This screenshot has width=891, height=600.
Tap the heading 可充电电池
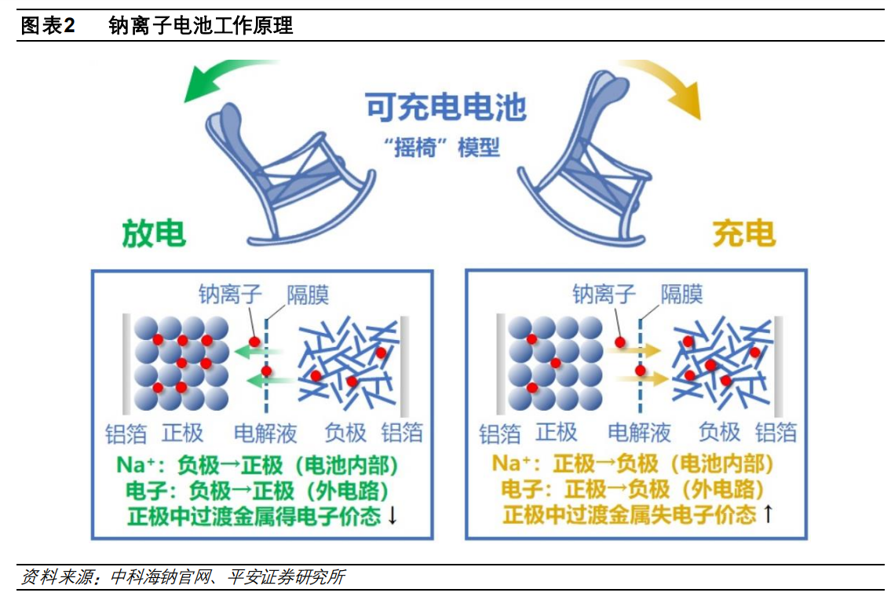[x=446, y=108]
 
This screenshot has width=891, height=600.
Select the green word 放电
[x=154, y=233]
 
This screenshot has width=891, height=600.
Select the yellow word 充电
[x=743, y=233]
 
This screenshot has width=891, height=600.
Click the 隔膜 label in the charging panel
[x=681, y=295]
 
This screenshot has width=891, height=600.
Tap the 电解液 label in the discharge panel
[x=266, y=433]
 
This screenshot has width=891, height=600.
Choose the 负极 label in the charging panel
[x=719, y=433]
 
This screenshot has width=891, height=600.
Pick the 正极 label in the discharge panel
[x=183, y=433]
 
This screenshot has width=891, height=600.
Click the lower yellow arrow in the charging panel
[x=637, y=379]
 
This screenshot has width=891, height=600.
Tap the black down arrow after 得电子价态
[x=393, y=517]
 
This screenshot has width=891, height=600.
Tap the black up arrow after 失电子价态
[x=767, y=515]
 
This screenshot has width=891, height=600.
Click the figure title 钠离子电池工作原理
[x=201, y=26]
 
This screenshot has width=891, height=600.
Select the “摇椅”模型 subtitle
[x=446, y=147]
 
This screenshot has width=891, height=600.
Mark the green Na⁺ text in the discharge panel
[x=139, y=465]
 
